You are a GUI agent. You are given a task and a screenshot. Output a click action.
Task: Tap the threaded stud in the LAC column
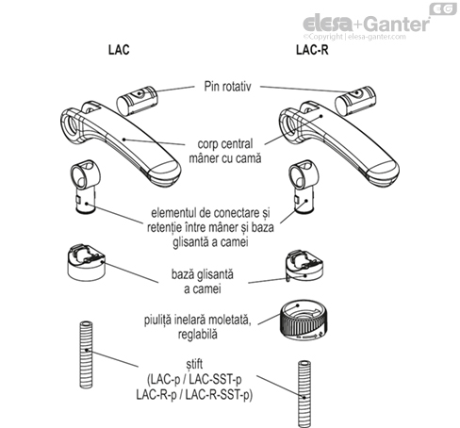[87, 354]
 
